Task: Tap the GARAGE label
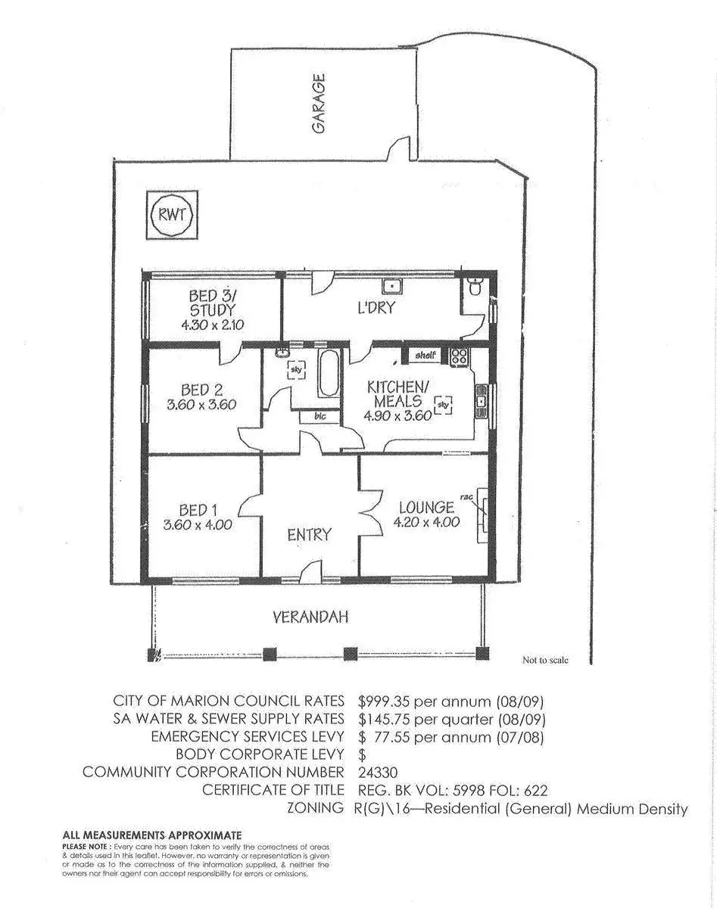tap(319, 104)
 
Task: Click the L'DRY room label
tap(376, 309)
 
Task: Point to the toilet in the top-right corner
tap(476, 288)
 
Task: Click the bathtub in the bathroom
tap(329, 373)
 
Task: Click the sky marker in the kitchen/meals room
tap(444, 406)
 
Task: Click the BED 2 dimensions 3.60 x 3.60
tap(201, 405)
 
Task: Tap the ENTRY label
tap(309, 535)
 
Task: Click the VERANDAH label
tap(310, 617)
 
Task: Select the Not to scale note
tap(544, 660)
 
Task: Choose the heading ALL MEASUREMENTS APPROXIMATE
tap(151, 834)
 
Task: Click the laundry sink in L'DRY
tap(392, 286)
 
